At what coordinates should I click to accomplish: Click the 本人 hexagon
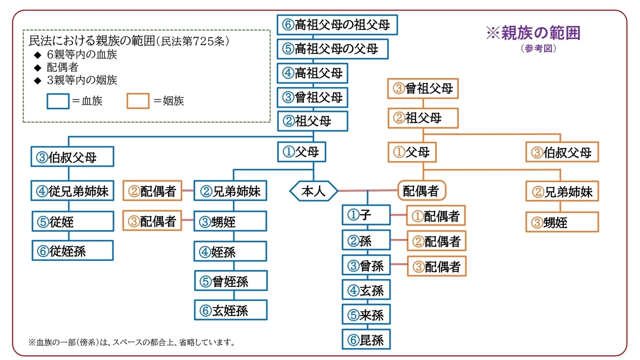click(x=313, y=191)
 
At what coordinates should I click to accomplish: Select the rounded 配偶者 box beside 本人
click(x=421, y=190)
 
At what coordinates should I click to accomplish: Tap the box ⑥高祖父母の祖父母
click(x=337, y=25)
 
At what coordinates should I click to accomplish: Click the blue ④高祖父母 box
click(x=312, y=73)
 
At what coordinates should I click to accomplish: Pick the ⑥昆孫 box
click(x=366, y=339)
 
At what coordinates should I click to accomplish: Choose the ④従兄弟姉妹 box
click(x=72, y=190)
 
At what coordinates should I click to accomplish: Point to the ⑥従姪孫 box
click(x=72, y=250)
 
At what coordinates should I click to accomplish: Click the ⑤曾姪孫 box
click(x=231, y=280)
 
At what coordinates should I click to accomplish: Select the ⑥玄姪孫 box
click(x=230, y=310)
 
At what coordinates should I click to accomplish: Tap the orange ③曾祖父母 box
click(x=423, y=88)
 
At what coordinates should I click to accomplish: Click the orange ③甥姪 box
click(x=562, y=222)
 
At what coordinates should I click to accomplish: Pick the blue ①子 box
click(x=366, y=215)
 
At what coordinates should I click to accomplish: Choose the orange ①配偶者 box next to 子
click(x=436, y=215)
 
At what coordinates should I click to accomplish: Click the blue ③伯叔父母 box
click(x=72, y=156)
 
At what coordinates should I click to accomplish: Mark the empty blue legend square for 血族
click(x=58, y=101)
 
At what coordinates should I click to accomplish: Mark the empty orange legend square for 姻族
click(x=138, y=101)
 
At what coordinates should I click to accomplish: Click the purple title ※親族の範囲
click(x=533, y=33)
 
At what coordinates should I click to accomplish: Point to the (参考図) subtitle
click(x=538, y=48)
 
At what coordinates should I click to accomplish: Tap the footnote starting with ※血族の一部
click(x=131, y=342)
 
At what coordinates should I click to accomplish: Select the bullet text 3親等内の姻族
click(x=82, y=80)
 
